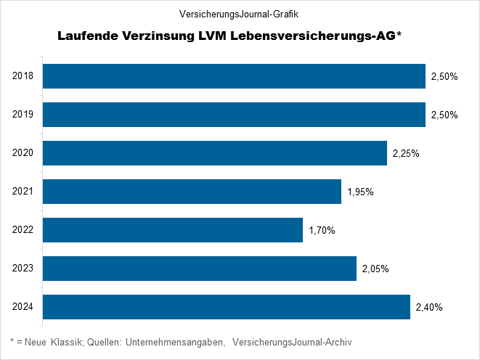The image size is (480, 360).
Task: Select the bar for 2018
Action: [235, 76]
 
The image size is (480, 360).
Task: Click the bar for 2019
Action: [235, 115]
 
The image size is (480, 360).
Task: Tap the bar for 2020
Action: [215, 153]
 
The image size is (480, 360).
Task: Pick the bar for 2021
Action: [192, 192]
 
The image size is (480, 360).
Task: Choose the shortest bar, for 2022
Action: [173, 230]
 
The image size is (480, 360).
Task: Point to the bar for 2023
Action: [200, 269]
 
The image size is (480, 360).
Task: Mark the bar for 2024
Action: [227, 307]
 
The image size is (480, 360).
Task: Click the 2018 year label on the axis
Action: [23, 76]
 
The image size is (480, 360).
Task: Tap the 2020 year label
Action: [23, 153]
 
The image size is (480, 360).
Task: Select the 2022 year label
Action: [23, 230]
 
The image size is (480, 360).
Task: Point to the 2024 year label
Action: [23, 307]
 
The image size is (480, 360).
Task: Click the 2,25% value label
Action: [406, 153]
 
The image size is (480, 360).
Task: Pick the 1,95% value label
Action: [361, 192]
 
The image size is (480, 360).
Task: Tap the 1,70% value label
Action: [322, 230]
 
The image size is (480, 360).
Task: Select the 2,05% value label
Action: [375, 269]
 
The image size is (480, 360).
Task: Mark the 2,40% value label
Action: [429, 307]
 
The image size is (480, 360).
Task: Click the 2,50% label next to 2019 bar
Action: [444, 115]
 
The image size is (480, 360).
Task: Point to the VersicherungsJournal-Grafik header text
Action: [239, 14]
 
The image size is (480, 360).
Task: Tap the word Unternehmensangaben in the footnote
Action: [175, 342]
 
